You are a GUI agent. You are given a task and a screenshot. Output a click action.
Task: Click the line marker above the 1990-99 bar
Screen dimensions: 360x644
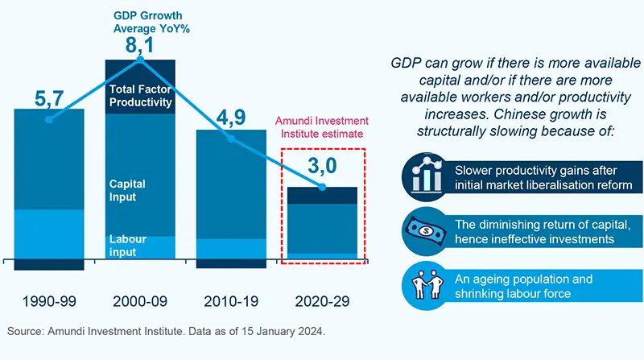49,120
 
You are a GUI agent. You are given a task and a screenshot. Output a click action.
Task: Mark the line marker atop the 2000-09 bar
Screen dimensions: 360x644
140,60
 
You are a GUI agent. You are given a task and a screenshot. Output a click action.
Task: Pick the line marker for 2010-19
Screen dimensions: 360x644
232,139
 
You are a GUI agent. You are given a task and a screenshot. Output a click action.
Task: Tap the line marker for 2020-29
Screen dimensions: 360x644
323,188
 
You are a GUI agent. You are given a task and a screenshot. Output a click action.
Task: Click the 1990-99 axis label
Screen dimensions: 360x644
49,301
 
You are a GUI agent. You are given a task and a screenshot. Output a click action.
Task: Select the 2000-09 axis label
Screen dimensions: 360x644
141,301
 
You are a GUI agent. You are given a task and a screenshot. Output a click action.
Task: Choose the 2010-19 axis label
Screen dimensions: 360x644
232,301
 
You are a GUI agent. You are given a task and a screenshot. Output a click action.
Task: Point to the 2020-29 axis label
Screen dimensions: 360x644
323,301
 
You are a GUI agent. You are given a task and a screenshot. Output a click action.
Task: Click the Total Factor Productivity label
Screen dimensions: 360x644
141,95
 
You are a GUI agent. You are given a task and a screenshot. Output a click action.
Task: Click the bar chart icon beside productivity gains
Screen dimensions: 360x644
423,177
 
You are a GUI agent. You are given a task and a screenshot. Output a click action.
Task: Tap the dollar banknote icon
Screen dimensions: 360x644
423,231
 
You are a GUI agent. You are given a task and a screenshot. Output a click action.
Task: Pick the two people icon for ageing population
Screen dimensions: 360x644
423,285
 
